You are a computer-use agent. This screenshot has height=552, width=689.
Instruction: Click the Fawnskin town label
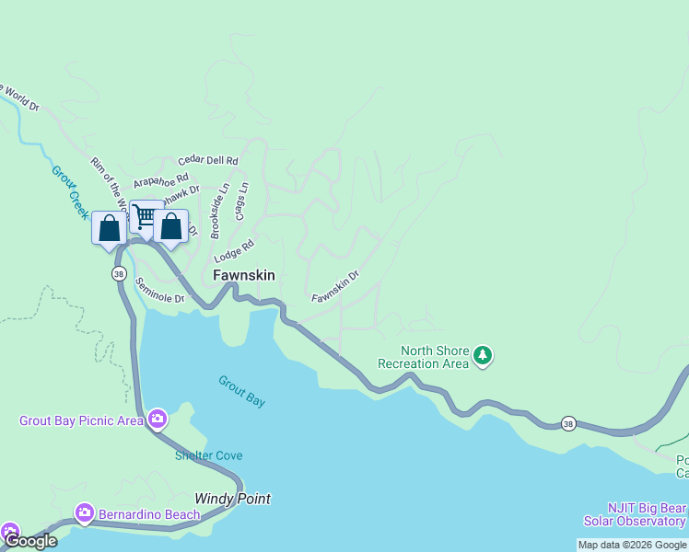pos(244,275)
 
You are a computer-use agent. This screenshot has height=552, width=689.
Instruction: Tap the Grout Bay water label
pos(241,391)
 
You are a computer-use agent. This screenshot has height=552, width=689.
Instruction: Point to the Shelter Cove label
pos(209,455)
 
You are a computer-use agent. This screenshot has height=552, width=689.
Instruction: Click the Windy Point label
pos(232,499)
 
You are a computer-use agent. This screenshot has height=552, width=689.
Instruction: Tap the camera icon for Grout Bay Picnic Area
pos(157,420)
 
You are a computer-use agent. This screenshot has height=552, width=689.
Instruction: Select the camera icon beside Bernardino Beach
pos(85,512)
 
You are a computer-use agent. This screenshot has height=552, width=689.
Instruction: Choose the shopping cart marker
pos(146,217)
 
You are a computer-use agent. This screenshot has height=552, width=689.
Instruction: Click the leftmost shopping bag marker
pos(109,228)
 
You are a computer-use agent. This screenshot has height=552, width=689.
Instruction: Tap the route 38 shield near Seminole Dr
pos(119,274)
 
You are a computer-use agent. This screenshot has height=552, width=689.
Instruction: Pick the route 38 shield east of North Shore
pos(569,423)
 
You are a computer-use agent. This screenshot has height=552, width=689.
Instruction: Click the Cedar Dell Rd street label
pos(208,160)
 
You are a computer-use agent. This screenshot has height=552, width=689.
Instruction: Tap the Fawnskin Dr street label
pos(334,286)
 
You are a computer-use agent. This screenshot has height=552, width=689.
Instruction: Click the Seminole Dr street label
pos(159,291)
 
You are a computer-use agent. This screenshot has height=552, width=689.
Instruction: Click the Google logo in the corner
pos(30,541)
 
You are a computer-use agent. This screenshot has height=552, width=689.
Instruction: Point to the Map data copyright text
pos(632,545)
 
